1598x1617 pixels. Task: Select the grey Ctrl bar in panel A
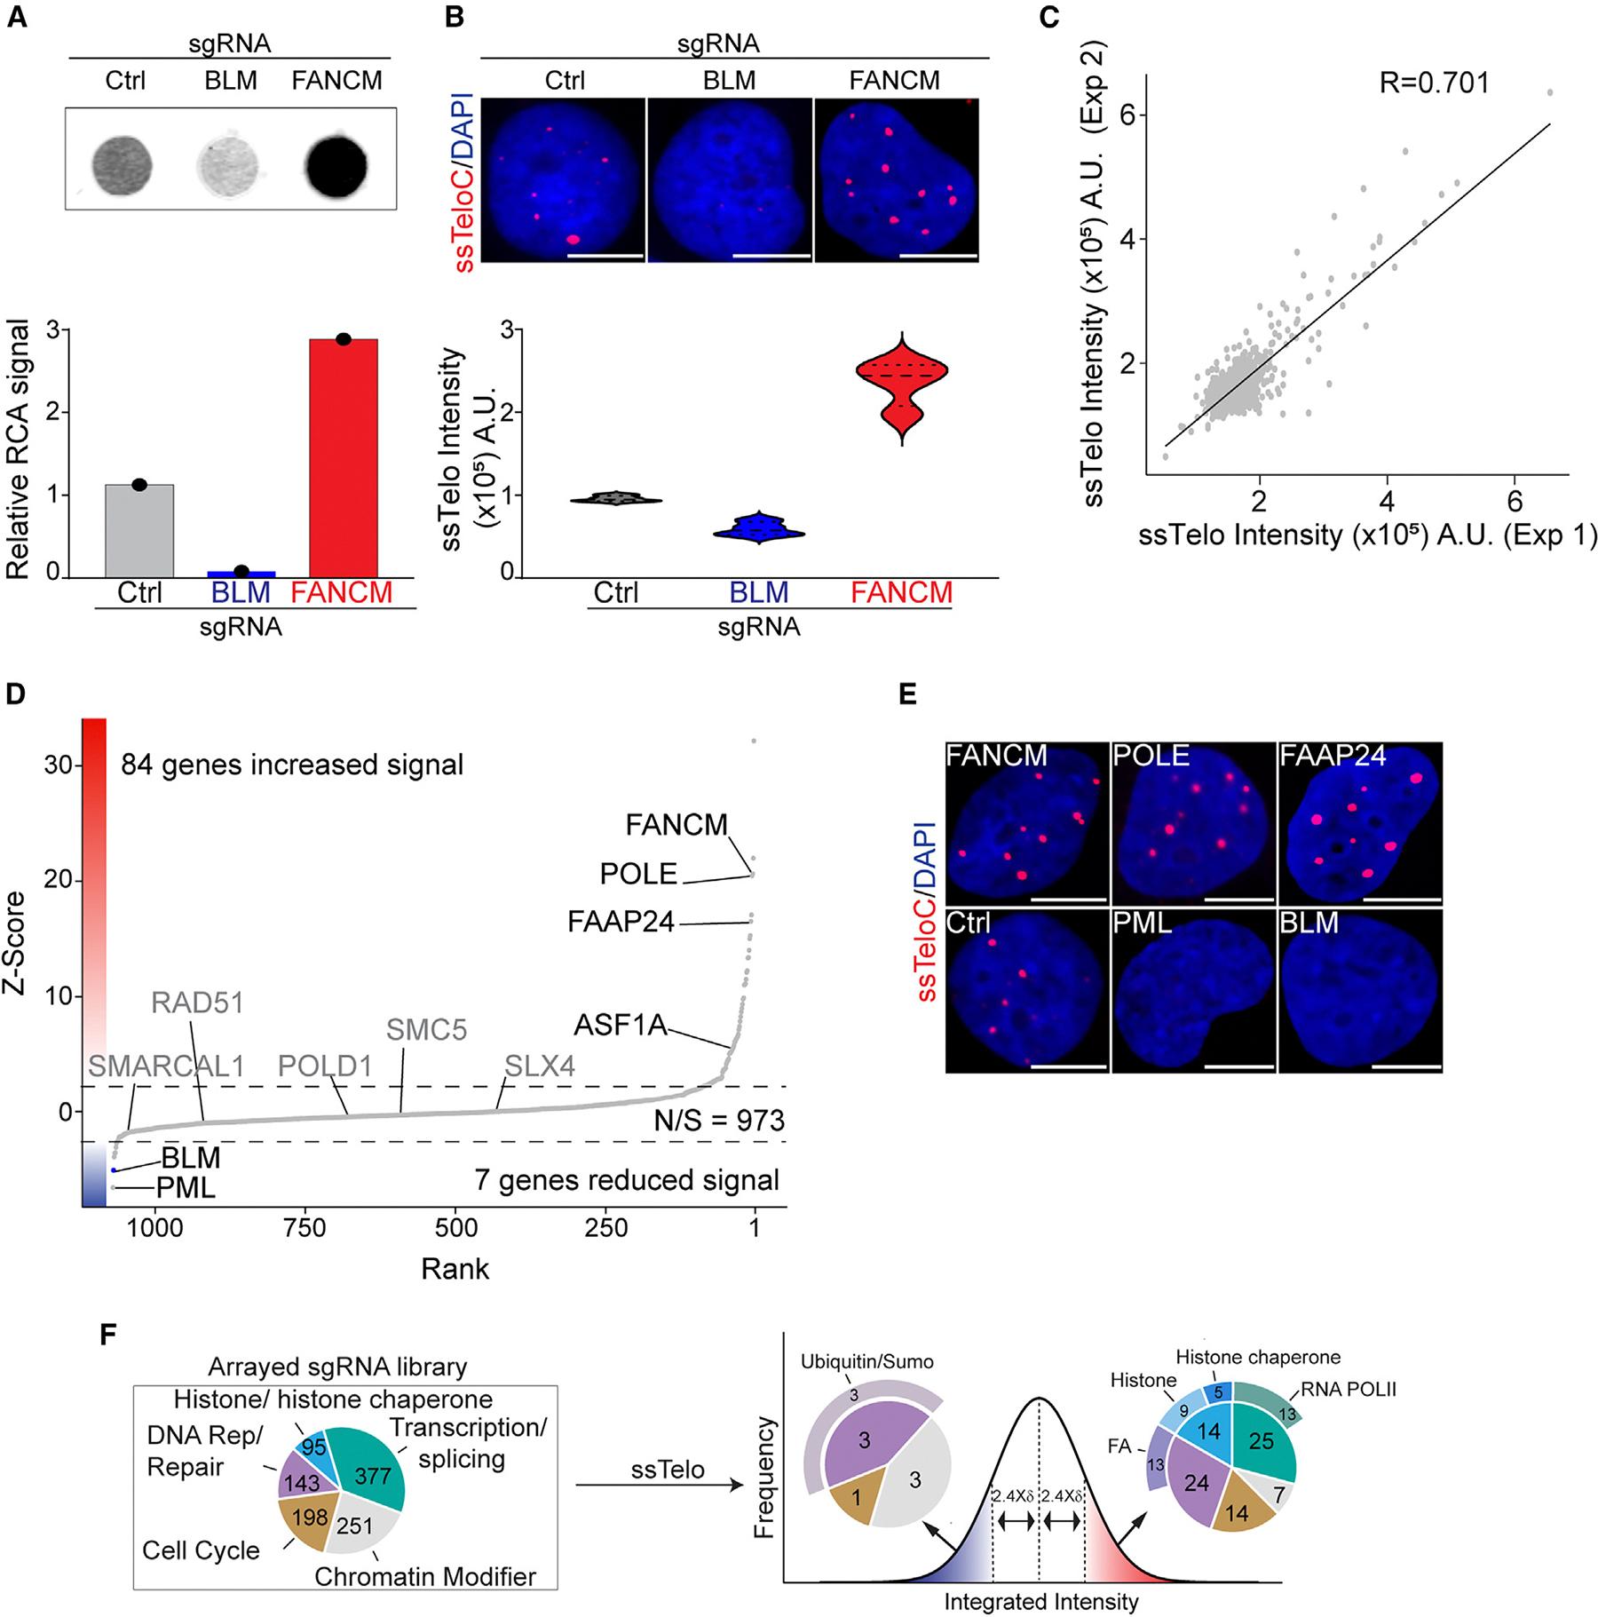139,531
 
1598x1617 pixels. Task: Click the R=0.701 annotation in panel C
1434,83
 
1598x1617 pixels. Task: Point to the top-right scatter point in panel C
1549,92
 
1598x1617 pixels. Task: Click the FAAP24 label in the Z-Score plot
621,923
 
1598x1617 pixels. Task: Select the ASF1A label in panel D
620,1026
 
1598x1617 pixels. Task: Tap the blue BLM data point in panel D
114,1170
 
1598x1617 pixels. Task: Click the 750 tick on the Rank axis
305,1228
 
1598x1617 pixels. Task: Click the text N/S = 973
719,1121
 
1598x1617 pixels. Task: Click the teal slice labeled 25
1261,1441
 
